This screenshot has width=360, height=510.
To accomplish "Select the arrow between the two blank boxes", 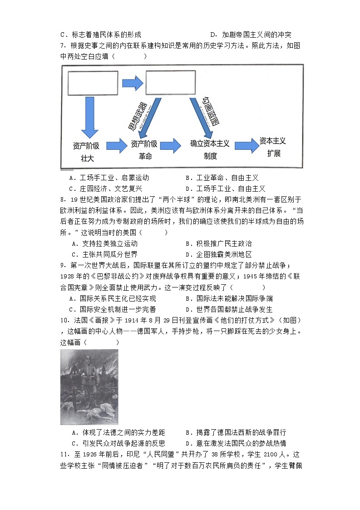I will (132, 83).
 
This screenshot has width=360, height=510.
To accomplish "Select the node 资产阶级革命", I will (144, 150).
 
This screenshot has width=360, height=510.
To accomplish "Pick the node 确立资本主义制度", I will (210, 150).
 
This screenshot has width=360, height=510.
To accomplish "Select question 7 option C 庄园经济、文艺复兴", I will (105, 188).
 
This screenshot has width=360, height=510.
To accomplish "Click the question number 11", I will (65, 455).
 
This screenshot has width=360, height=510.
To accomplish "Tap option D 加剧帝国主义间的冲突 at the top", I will (251, 35).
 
